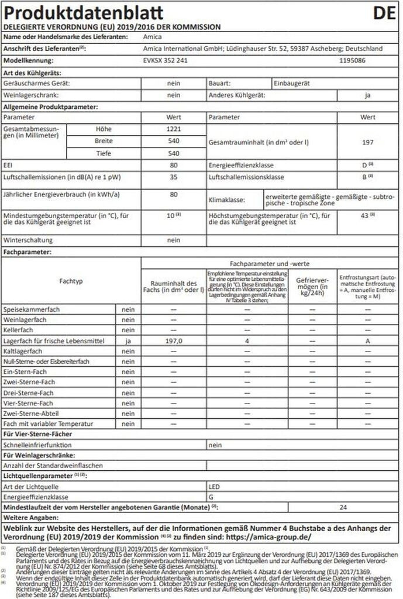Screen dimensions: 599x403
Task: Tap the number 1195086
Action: [x=353, y=60]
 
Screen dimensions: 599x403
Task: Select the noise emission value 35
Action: [x=173, y=177]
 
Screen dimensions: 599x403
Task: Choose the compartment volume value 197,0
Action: [x=173, y=340]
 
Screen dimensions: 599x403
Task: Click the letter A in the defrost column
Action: [x=368, y=340]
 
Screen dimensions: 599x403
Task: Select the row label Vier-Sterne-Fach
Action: [x=29, y=403]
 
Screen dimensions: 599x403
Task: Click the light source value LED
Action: [x=215, y=486]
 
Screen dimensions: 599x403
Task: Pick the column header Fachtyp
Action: [x=71, y=281]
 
